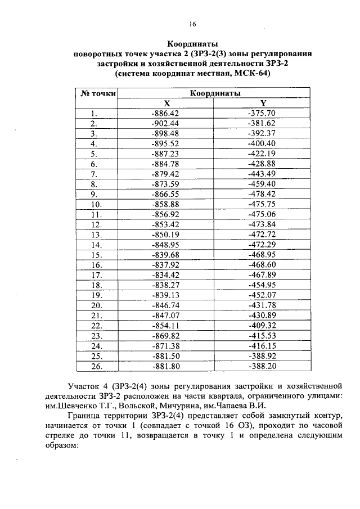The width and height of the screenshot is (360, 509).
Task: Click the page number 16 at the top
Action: point(192,24)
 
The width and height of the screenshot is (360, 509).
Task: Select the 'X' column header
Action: point(166,103)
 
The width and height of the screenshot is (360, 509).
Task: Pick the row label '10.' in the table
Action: point(96,204)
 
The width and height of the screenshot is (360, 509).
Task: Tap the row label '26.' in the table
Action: point(96,366)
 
